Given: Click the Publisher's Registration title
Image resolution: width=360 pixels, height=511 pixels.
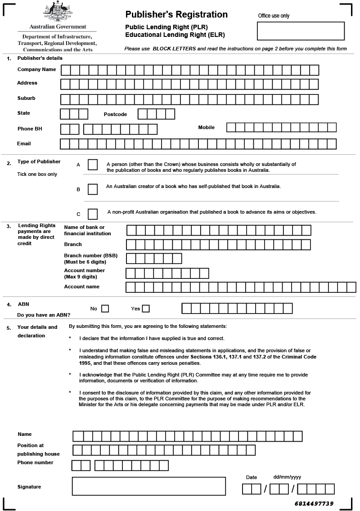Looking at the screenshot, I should (176, 14).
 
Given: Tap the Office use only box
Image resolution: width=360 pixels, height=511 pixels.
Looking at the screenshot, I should (301, 31).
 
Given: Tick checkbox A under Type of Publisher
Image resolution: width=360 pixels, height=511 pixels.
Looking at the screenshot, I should (93, 165).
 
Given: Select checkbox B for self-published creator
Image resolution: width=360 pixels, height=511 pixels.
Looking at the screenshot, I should (93, 189).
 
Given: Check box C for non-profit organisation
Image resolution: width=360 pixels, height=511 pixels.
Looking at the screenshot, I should (93, 213).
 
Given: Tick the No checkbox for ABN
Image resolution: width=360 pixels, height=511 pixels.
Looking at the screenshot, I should (105, 309).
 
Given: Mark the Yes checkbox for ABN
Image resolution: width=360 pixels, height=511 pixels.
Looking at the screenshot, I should (146, 309).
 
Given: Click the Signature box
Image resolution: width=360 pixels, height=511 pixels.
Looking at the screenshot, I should (148, 486).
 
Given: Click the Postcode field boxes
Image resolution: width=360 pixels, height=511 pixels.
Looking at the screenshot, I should (156, 114).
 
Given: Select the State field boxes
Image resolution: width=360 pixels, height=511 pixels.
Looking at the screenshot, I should (74, 114).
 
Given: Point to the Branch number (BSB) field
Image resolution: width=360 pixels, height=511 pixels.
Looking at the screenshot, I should (153, 258).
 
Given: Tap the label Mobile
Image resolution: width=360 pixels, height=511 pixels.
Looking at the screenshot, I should (207, 127).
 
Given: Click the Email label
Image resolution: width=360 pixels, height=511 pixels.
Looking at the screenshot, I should (24, 143).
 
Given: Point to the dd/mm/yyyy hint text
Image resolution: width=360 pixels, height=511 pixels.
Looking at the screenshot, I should (287, 477).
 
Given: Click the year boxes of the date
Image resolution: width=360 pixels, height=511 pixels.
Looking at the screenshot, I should (316, 489).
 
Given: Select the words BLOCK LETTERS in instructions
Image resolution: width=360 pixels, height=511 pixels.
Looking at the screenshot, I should (174, 49).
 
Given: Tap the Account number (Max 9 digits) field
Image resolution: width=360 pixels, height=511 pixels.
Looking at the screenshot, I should (167, 273).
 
